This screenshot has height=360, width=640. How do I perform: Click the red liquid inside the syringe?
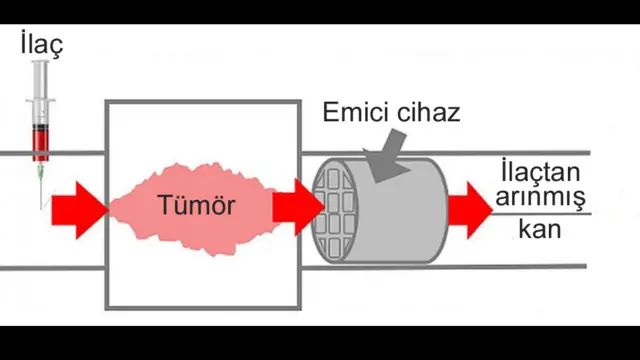point(40,146)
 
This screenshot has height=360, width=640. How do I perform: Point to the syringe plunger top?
point(40,64)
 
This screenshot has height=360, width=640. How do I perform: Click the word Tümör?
point(196,207)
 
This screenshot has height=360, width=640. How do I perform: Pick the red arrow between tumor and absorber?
point(297,207)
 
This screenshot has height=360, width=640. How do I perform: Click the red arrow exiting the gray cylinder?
point(469,210)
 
